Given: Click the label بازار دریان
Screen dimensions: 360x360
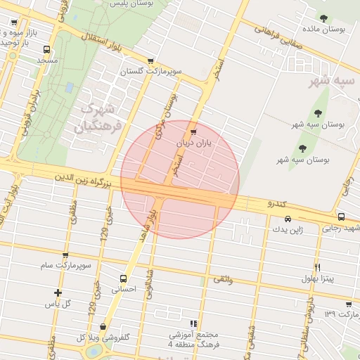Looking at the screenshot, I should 193,143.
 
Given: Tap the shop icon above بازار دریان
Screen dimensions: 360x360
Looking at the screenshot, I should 193,131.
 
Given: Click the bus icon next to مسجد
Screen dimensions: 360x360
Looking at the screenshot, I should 46,50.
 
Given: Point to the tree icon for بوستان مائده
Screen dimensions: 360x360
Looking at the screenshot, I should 323,18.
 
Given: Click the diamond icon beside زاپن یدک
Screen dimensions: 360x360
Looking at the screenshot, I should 287,219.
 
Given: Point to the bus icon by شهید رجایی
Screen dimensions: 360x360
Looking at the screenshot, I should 341,217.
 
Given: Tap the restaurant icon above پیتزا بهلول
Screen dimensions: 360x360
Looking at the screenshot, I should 318,267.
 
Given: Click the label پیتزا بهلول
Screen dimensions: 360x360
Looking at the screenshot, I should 320,278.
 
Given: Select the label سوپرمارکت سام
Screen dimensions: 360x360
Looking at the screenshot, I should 67,266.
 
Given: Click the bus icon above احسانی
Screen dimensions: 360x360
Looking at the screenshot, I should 124,278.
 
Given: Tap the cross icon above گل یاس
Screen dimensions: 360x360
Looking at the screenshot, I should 58,292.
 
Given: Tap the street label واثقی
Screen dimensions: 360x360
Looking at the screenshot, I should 221,280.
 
